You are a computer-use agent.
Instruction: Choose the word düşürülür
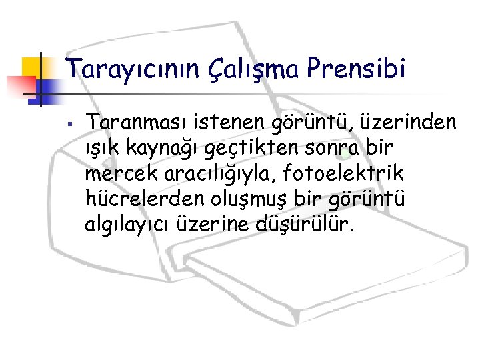[x=311, y=223]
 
